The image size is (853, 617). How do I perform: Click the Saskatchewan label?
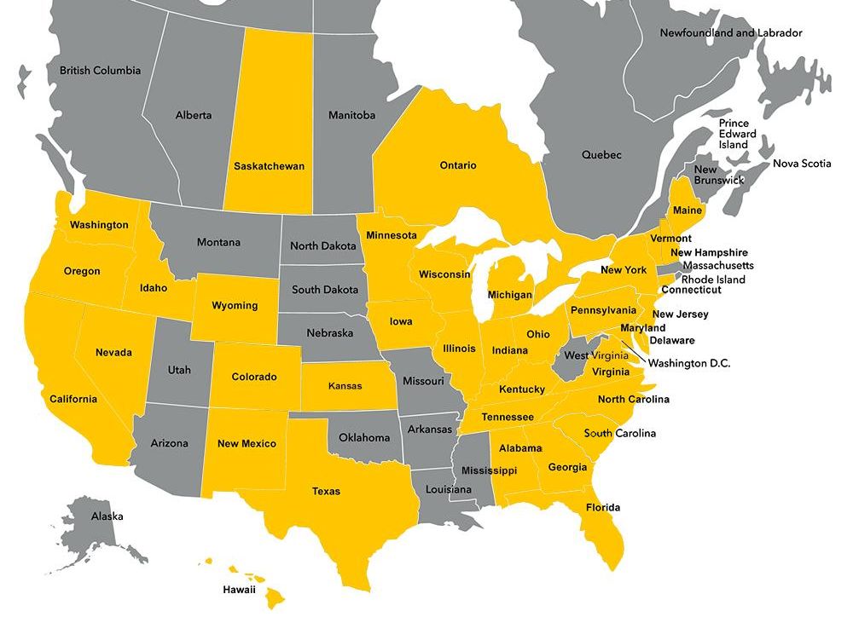tap(269, 166)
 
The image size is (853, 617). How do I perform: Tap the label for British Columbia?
tap(100, 70)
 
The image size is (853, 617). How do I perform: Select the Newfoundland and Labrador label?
tap(731, 33)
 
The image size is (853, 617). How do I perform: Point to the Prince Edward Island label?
tap(734, 134)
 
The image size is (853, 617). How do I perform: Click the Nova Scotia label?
tap(801, 164)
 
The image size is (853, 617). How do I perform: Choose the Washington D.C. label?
tap(689, 363)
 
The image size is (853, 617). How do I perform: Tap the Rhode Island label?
tap(713, 280)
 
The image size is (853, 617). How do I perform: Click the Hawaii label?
tap(239, 589)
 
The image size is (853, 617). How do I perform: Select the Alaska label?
tap(107, 516)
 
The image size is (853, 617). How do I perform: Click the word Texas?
tap(326, 491)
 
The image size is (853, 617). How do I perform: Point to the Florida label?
tap(603, 508)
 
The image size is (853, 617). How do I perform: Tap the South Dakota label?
tap(323, 290)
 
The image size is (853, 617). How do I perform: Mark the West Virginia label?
tap(598, 355)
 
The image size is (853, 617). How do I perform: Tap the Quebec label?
tap(601, 155)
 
